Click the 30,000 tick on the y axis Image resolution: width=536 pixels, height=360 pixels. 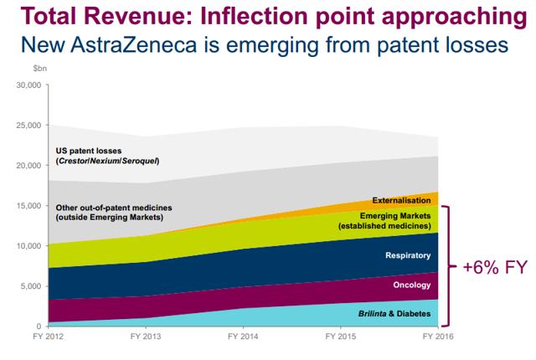coord(28,85)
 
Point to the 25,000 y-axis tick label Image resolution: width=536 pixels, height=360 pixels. coord(28,126)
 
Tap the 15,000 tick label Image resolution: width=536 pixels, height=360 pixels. coord(28,206)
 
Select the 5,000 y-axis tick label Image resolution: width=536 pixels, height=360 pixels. coord(30,286)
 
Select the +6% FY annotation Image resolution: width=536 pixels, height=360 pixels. coord(495,268)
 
